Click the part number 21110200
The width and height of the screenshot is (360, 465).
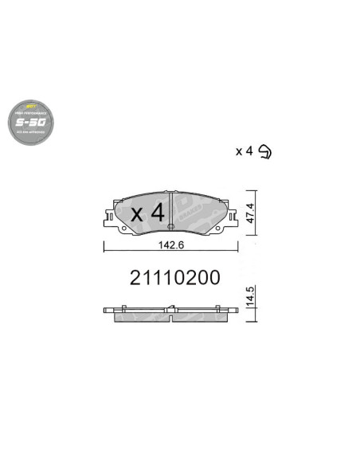click(x=174, y=278)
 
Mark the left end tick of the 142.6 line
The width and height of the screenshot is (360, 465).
click(x=104, y=246)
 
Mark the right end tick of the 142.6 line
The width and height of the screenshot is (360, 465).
click(x=237, y=246)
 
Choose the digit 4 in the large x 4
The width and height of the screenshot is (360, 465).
click(x=157, y=213)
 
